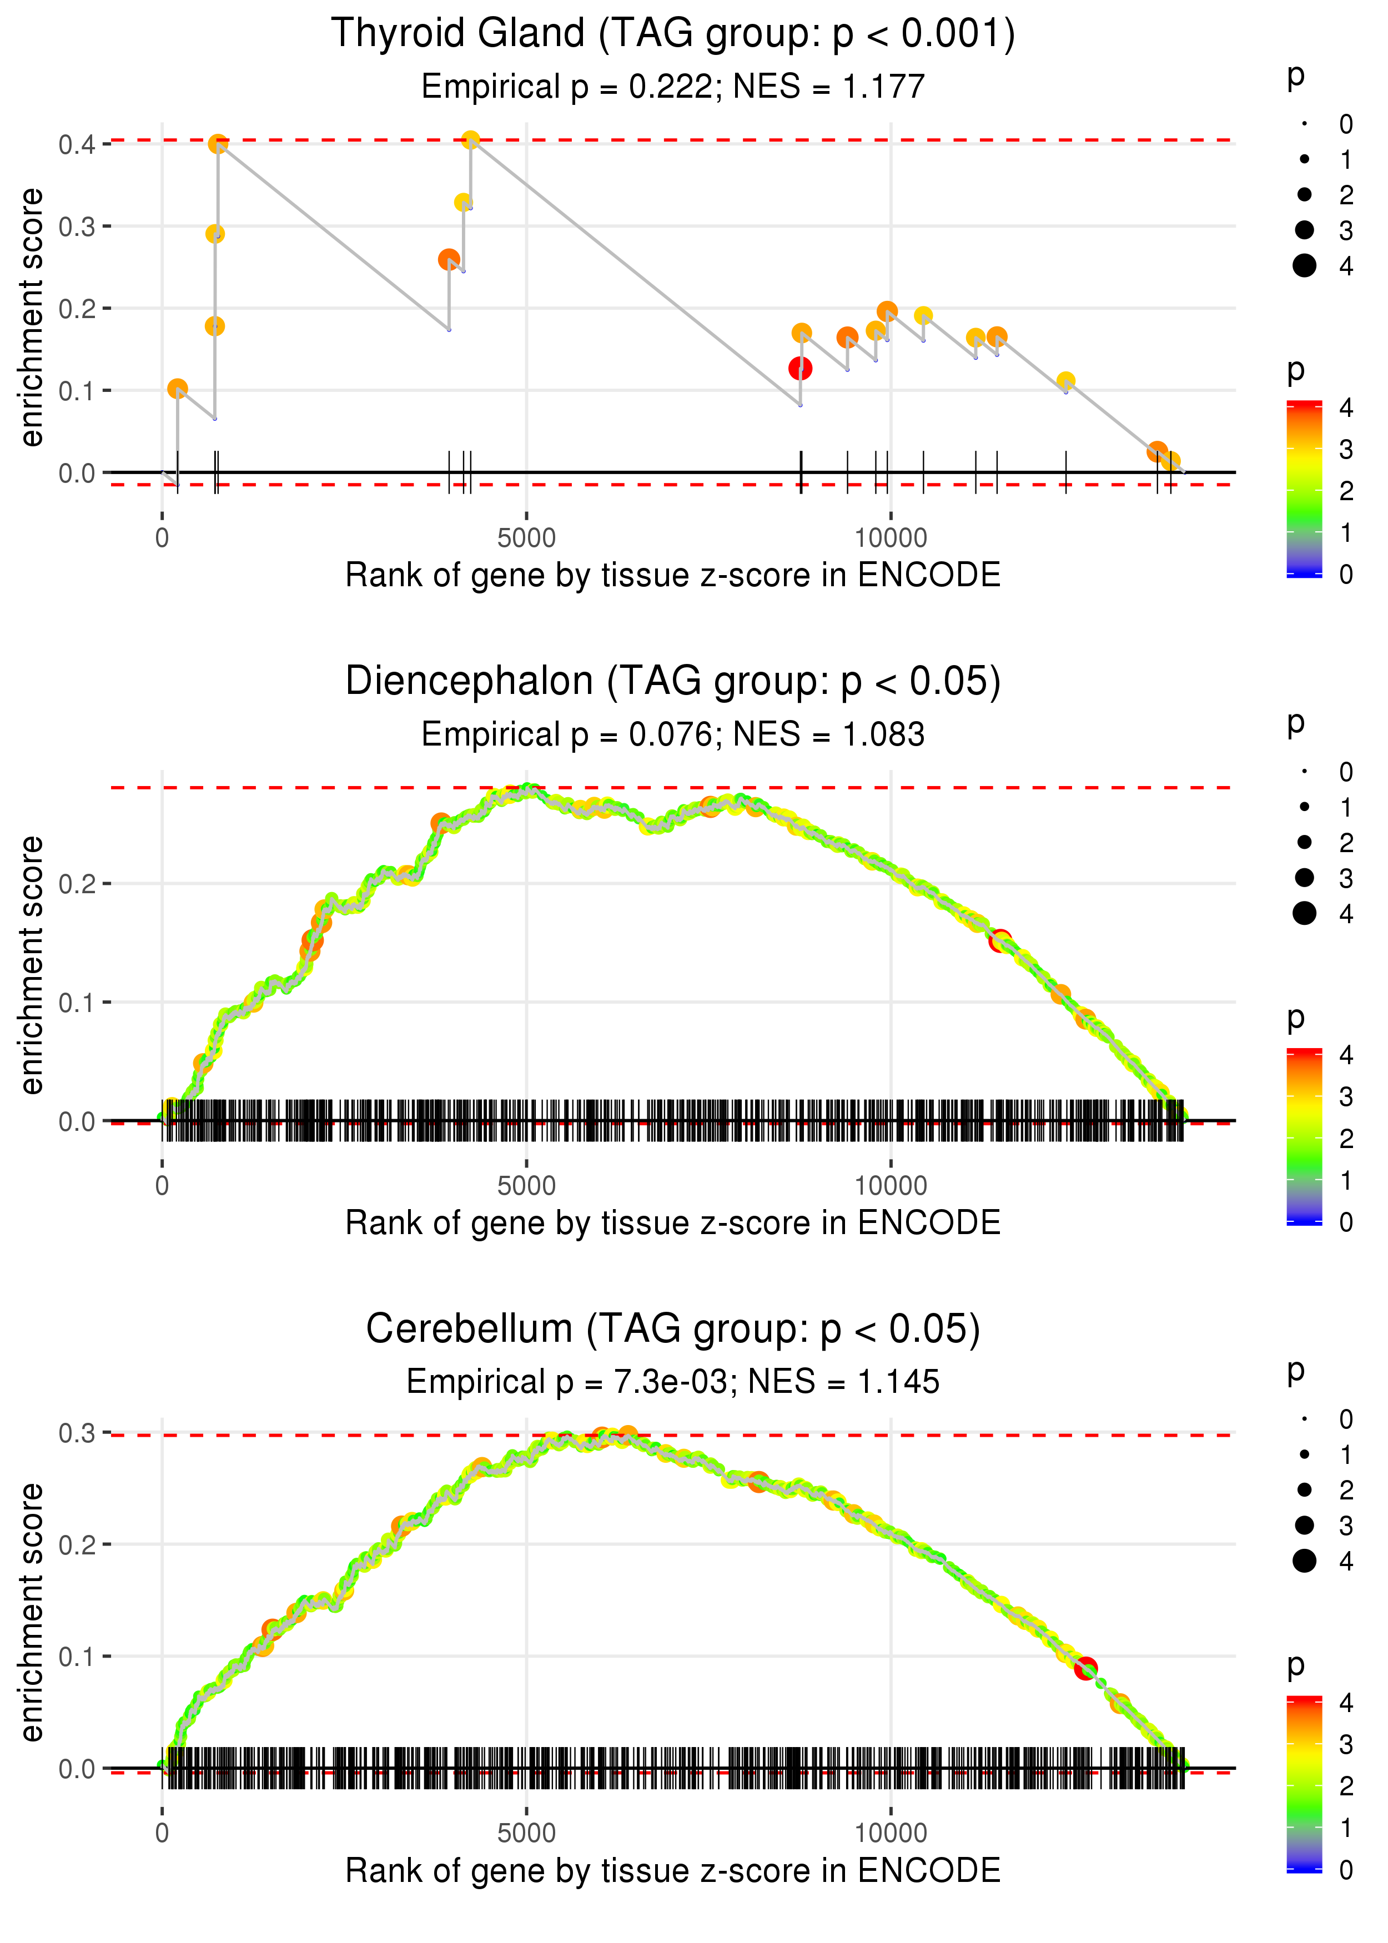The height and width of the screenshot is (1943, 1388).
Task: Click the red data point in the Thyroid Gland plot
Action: point(800,368)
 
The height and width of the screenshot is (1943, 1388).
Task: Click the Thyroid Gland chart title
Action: point(673,34)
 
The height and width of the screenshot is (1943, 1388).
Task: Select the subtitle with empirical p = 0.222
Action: point(673,86)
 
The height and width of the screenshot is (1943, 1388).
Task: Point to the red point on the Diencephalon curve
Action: point(1000,941)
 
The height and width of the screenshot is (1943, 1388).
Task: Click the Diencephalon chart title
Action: point(673,682)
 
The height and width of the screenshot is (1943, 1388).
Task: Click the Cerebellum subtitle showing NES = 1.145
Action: point(673,1382)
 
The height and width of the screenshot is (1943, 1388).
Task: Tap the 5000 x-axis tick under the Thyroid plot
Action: point(526,538)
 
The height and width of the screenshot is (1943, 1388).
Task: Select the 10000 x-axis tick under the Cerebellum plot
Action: point(891,1833)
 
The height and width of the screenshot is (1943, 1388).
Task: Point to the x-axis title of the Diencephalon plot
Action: point(673,1223)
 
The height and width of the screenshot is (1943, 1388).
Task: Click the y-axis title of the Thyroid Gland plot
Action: point(32,318)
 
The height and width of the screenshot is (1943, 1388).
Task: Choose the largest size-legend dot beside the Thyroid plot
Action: point(1304,266)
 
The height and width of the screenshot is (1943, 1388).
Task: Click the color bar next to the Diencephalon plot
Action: point(1304,1136)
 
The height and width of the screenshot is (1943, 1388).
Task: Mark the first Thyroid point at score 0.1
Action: point(177,389)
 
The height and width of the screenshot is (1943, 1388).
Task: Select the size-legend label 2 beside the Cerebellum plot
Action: point(1346,1490)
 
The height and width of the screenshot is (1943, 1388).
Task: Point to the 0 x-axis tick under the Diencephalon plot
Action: point(162,1186)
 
